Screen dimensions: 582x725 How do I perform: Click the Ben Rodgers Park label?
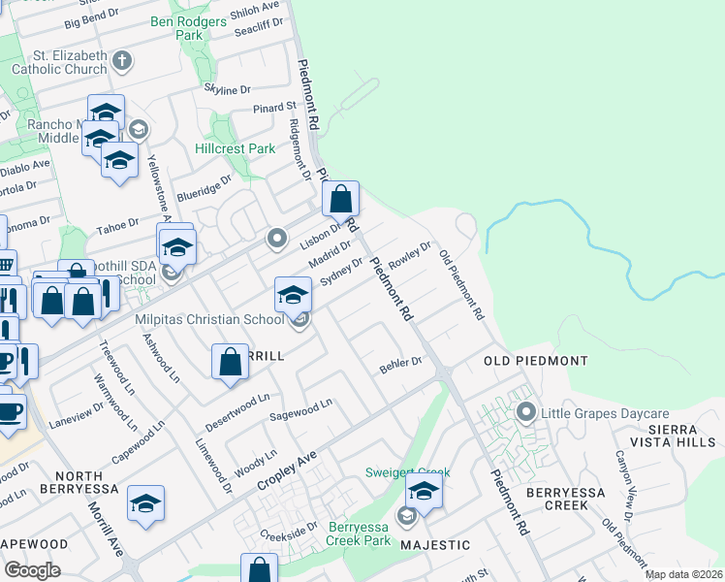click(177, 27)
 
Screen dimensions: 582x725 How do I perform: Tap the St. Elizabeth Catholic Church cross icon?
click(122, 62)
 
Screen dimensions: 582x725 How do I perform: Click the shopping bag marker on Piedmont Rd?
click(341, 200)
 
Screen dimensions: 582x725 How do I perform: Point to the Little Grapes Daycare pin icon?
click(526, 412)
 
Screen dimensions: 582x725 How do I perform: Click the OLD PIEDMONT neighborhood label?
click(535, 361)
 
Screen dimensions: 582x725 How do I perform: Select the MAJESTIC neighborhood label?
click(435, 545)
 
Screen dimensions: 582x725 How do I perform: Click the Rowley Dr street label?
click(408, 255)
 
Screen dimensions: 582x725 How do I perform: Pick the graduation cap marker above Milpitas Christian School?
click(293, 295)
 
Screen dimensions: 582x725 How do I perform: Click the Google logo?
click(31, 570)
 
